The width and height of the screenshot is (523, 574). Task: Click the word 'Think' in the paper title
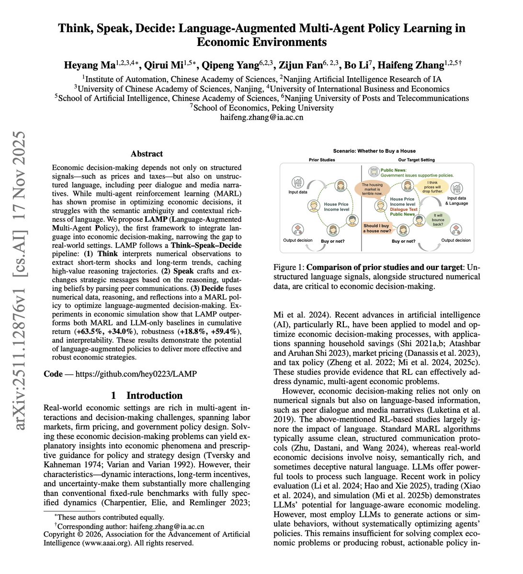pos(77,28)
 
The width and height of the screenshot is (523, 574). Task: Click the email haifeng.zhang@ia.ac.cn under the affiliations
pos(261,117)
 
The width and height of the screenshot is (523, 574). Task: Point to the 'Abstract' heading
pos(147,154)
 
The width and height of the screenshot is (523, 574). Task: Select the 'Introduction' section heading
pos(154,395)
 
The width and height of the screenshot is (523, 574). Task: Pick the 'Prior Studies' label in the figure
pos(321,160)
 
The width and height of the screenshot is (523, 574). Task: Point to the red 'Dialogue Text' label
pos(403,209)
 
